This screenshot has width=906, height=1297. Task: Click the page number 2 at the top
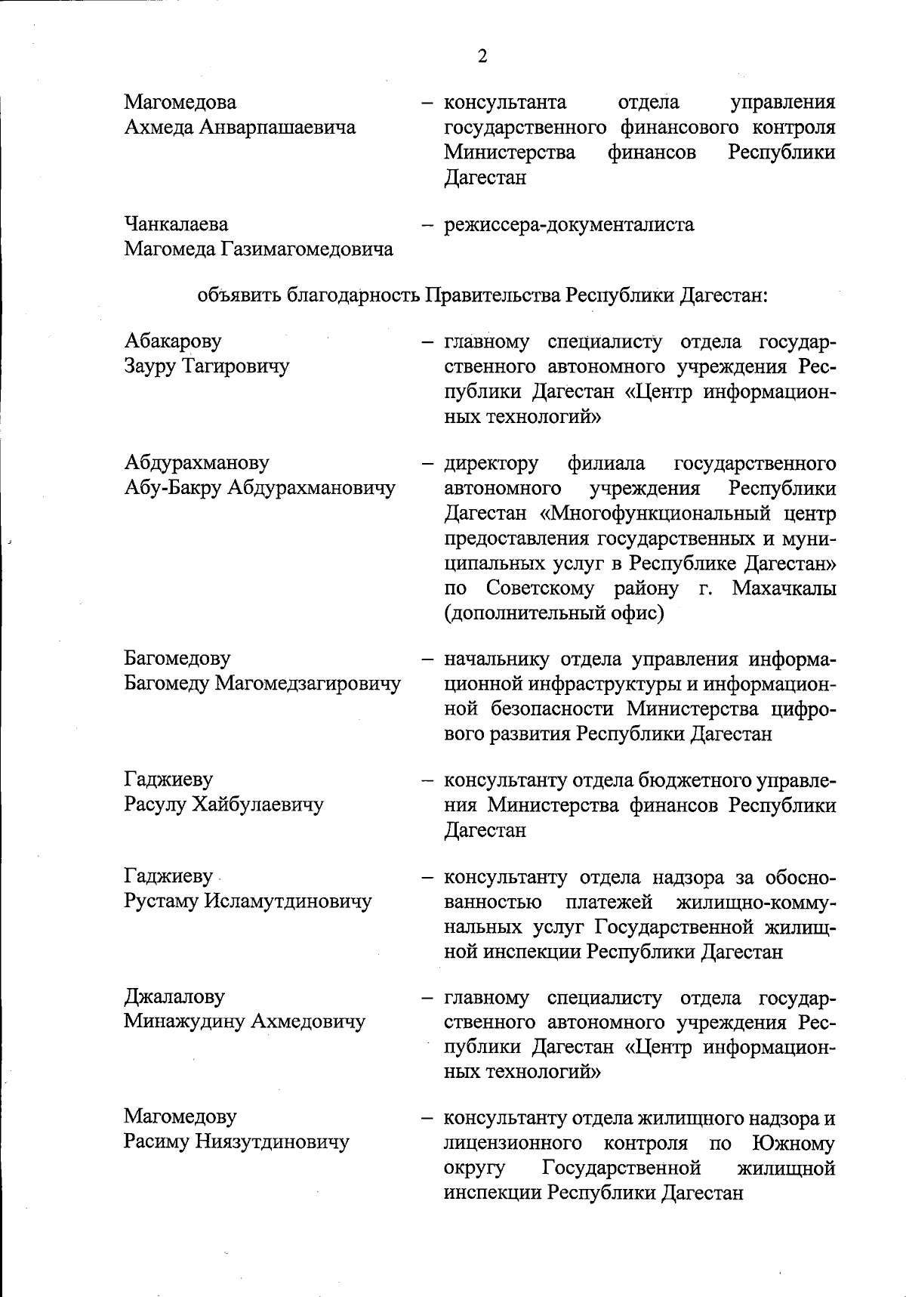pyautogui.click(x=482, y=57)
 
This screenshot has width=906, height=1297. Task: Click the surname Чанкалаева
pyautogui.click(x=177, y=224)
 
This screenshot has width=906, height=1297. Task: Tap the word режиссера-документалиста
pyautogui.click(x=569, y=224)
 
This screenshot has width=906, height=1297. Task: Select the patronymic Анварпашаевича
pyautogui.click(x=277, y=127)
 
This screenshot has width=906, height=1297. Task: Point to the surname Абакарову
pyautogui.click(x=173, y=341)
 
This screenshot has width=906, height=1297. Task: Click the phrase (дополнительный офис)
pyautogui.click(x=554, y=613)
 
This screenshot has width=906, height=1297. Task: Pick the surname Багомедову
pyautogui.click(x=177, y=659)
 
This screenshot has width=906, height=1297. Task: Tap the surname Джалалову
pyautogui.click(x=174, y=996)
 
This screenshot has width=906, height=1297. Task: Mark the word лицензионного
pyautogui.click(x=513, y=1143)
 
